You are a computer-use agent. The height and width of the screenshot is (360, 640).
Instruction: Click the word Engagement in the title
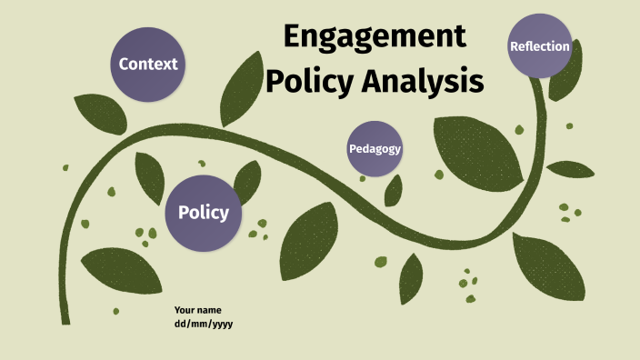pyautogui.click(x=374, y=37)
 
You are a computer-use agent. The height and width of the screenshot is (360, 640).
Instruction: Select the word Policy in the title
pyautogui.click(x=308, y=82)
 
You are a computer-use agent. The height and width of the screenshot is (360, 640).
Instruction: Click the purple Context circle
pyautogui.click(x=147, y=64)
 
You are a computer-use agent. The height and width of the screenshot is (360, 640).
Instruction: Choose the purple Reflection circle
pyautogui.click(x=540, y=45)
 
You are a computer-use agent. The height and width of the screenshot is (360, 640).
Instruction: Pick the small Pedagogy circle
pyautogui.click(x=375, y=148)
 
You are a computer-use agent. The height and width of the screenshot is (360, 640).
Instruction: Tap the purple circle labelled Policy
pyautogui.click(x=203, y=213)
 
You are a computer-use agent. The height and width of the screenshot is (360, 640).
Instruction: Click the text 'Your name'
pyautogui.click(x=198, y=310)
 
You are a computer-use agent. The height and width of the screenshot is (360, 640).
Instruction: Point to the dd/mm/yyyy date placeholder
pyautogui.click(x=205, y=324)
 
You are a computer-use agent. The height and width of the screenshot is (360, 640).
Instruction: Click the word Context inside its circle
pyautogui.click(x=147, y=64)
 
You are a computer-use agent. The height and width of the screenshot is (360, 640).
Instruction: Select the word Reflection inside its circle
pyautogui.click(x=540, y=46)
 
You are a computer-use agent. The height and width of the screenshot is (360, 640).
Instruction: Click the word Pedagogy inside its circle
pyautogui.click(x=375, y=148)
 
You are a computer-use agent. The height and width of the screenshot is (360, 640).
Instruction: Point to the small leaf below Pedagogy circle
pyautogui.click(x=394, y=190)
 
